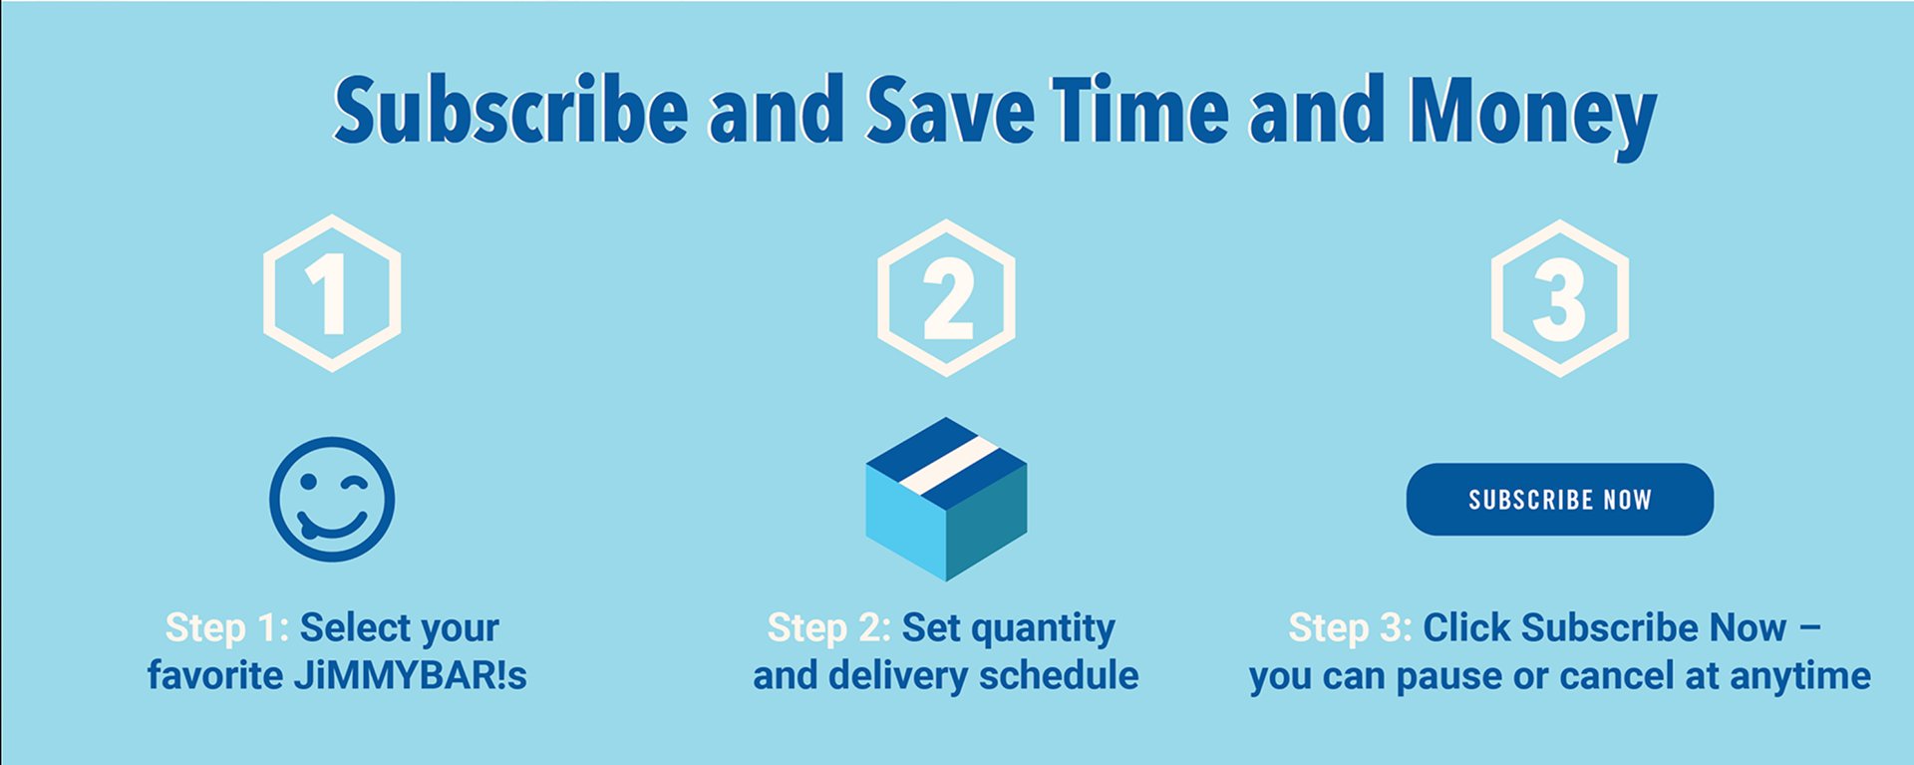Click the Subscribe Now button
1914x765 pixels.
point(1559,499)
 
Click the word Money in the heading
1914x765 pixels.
point(1532,113)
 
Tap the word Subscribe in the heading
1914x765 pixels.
point(510,109)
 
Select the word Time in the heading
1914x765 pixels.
point(1140,109)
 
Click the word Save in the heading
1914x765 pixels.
point(950,109)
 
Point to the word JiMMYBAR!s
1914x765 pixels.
point(410,675)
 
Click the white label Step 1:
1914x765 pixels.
point(227,628)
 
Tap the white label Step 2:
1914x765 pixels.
point(829,628)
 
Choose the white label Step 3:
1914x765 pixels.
point(1351,628)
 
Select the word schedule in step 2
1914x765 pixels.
point(1059,675)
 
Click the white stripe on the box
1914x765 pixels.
point(948,466)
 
